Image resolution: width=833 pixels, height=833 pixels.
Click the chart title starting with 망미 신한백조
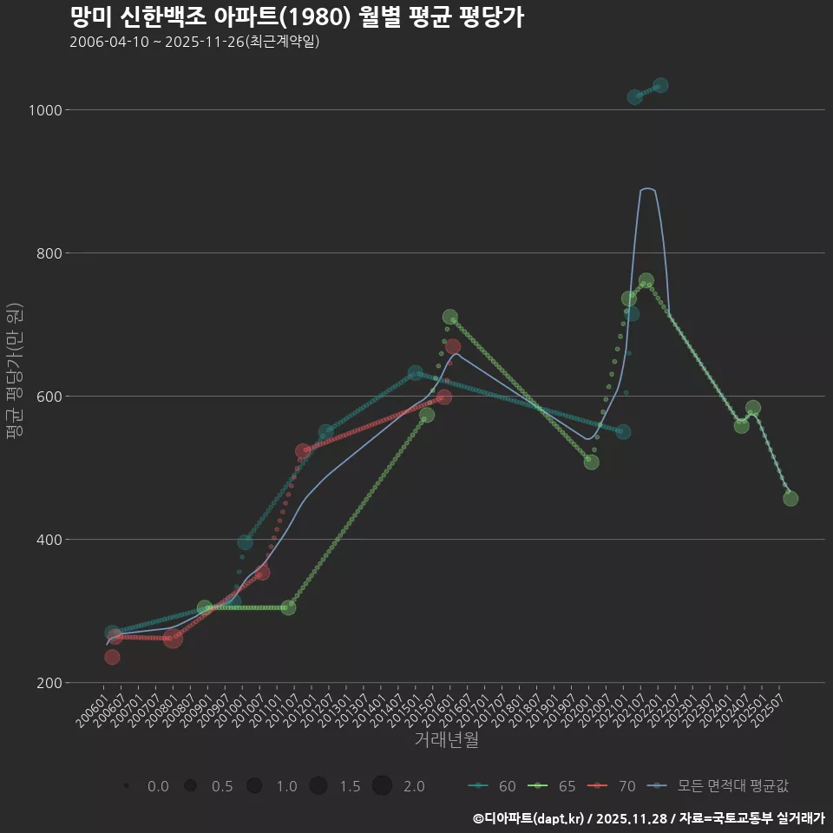pyautogui.click(x=296, y=17)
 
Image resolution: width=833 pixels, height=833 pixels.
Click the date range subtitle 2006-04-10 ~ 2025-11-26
pyautogui.click(x=194, y=42)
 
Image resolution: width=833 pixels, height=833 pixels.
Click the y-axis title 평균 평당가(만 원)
pyautogui.click(x=14, y=373)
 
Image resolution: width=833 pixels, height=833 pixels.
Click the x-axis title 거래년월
pyautogui.click(x=446, y=739)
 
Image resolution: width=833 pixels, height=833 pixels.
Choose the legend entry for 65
pyautogui.click(x=554, y=786)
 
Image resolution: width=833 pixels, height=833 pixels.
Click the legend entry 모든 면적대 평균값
pyautogui.click(x=720, y=786)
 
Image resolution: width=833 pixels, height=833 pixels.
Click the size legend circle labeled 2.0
pyautogui.click(x=383, y=786)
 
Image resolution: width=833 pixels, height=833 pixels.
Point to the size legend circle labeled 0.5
pyautogui.click(x=190, y=786)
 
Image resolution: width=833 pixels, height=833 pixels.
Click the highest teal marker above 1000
pyautogui.click(x=660, y=85)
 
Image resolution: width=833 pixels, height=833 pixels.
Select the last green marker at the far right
pyautogui.click(x=790, y=498)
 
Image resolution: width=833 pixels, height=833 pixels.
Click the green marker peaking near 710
pyautogui.click(x=449, y=318)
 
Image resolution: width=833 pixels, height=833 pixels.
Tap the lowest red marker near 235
pyautogui.click(x=112, y=657)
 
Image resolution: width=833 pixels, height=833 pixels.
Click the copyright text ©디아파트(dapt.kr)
pyautogui.click(x=529, y=818)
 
